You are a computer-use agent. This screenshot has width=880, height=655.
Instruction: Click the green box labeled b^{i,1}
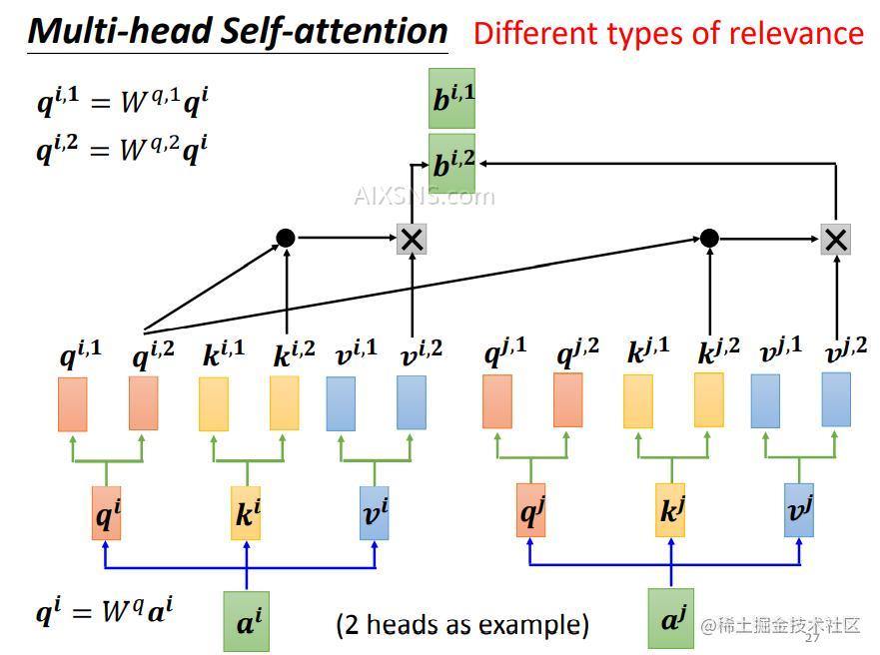[x=451, y=98]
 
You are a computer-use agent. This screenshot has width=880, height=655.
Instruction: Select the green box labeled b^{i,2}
[x=451, y=160]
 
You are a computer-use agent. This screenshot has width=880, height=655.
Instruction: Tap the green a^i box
[x=246, y=621]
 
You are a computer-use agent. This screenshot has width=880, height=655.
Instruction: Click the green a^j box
[x=670, y=618]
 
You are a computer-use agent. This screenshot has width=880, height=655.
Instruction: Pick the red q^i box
[x=106, y=513]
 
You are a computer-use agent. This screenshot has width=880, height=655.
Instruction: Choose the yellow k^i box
[x=246, y=513]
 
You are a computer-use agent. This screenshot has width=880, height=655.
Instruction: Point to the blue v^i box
[x=375, y=512]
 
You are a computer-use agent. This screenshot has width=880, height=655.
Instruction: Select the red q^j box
[x=531, y=509]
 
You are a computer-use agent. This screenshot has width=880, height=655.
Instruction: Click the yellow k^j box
[x=670, y=509]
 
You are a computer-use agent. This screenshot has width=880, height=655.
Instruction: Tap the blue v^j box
[x=799, y=509]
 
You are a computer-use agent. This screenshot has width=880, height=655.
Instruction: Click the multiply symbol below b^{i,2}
[x=412, y=239]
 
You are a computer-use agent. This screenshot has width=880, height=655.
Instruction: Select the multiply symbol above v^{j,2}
[x=835, y=239]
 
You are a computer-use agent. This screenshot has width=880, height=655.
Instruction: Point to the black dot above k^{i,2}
[x=286, y=238]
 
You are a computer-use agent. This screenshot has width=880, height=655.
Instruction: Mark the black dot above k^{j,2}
[x=709, y=238]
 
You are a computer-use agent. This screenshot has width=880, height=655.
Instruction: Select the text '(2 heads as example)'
[x=461, y=625]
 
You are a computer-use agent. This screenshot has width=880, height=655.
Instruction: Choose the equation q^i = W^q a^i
[x=104, y=610]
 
